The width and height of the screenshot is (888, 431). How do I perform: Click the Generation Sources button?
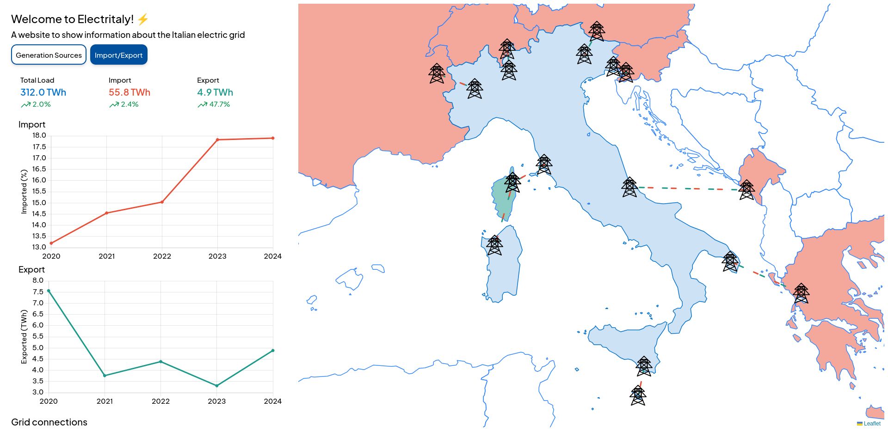(49, 55)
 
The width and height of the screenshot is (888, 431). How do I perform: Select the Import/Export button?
(118, 55)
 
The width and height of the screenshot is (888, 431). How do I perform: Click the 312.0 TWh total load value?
(43, 92)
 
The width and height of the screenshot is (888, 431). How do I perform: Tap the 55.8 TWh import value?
(129, 92)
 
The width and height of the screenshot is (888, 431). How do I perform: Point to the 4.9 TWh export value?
(215, 92)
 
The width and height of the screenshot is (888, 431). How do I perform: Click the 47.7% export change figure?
(219, 104)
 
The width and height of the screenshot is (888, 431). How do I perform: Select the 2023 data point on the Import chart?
(217, 140)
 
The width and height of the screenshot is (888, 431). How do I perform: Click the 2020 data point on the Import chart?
(51, 243)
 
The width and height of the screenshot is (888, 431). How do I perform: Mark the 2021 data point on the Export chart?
(105, 376)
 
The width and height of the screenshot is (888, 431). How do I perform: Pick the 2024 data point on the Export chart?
(273, 351)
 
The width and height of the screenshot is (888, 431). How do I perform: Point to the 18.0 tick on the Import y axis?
(39, 135)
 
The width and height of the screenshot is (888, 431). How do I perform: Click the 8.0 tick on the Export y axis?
(38, 280)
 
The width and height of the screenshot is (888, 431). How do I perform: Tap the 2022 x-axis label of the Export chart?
(160, 401)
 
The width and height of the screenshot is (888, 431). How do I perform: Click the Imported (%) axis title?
(24, 192)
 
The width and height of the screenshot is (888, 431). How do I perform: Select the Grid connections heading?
(49, 422)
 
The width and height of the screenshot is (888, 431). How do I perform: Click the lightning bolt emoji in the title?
(143, 19)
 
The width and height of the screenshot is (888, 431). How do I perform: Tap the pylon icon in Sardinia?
(494, 245)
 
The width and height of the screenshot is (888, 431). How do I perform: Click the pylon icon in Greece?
(801, 294)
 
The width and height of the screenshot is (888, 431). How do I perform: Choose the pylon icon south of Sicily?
(638, 396)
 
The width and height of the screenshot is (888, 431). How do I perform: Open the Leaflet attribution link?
(872, 424)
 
